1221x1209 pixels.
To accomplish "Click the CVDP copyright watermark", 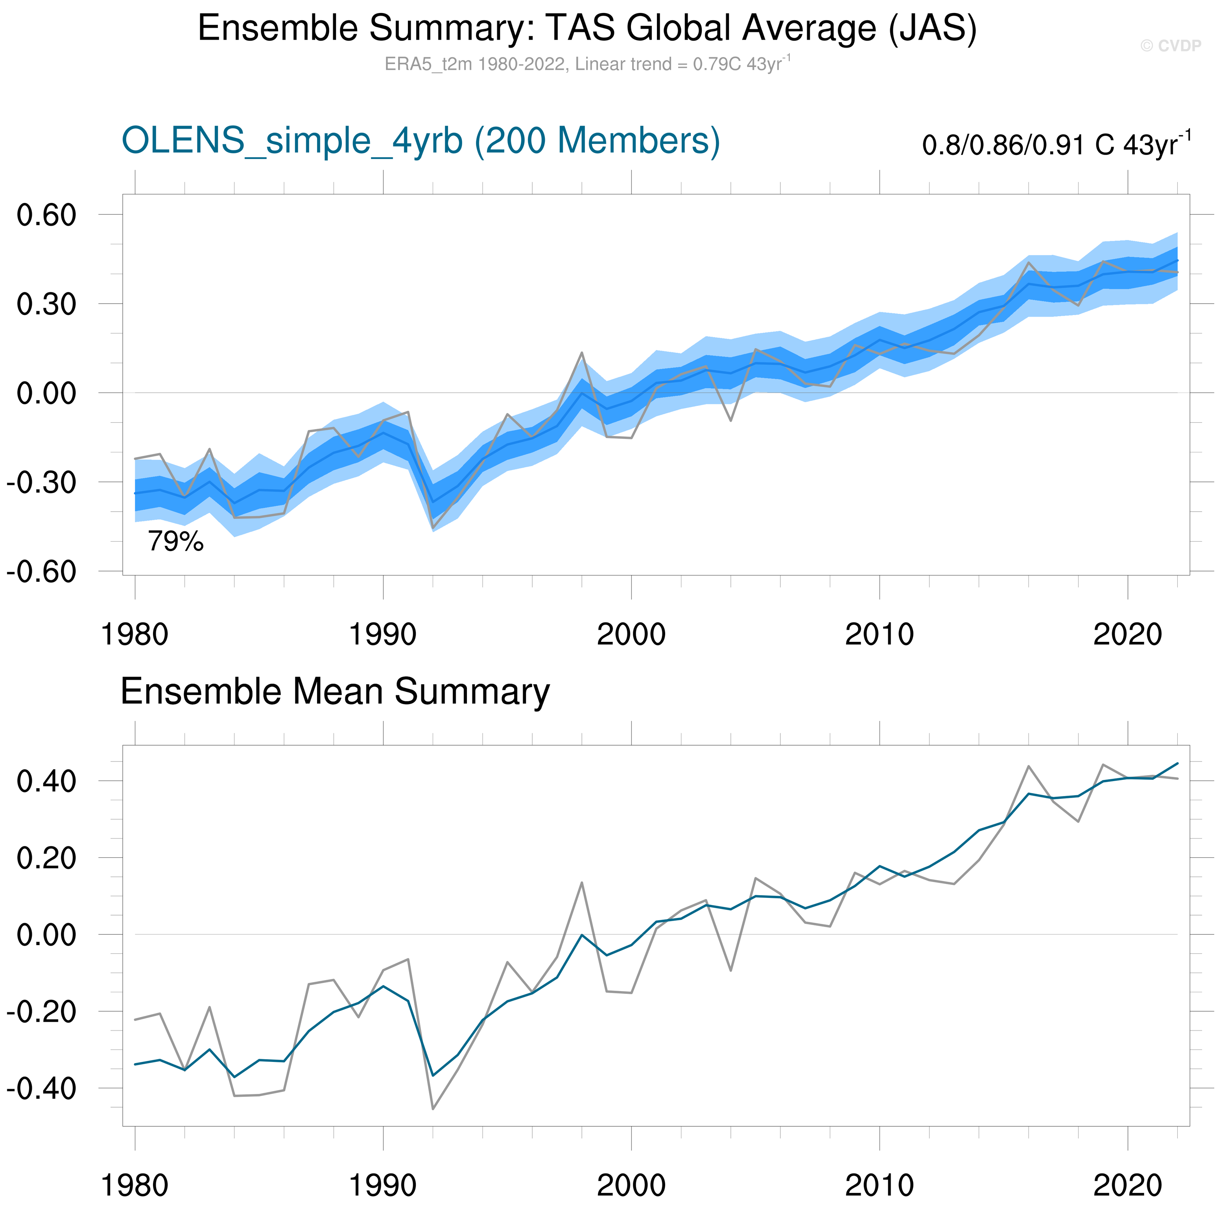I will click(1170, 46).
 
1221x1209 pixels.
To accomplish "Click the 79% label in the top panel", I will click(176, 542).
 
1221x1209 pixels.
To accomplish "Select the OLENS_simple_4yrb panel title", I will click(420, 140).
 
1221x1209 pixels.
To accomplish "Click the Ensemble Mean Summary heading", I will click(335, 691).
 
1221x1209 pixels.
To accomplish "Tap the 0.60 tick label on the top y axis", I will click(46, 215).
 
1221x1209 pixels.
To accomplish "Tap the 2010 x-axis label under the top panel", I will click(879, 634).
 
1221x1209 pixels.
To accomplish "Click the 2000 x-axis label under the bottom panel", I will click(631, 1186).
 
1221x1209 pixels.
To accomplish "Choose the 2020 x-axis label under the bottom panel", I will click(1127, 1186).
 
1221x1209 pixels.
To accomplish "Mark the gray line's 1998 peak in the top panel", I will click(581, 353).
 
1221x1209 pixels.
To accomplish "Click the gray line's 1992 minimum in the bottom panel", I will click(433, 1109).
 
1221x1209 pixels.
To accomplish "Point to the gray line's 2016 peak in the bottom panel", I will click(1028, 766).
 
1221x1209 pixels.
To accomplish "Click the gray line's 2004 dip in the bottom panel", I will click(730, 970).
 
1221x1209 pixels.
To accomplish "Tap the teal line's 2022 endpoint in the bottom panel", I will click(1177, 763).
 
